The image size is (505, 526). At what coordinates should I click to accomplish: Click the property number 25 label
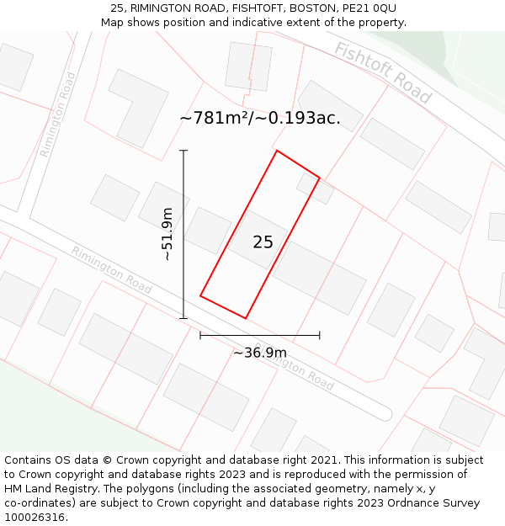click(x=263, y=242)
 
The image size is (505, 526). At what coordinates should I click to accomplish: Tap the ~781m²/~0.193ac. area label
click(x=260, y=119)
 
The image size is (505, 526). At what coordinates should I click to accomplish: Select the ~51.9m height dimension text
click(x=167, y=234)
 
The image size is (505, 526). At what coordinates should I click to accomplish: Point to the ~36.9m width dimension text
click(x=259, y=353)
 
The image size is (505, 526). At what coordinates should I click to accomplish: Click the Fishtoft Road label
click(x=383, y=72)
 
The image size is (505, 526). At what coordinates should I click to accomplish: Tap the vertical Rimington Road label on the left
click(x=57, y=114)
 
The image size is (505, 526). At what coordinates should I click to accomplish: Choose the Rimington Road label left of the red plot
click(x=111, y=270)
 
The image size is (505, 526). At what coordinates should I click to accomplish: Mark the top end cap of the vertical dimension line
click(x=183, y=151)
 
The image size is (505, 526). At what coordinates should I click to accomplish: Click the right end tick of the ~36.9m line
click(x=320, y=336)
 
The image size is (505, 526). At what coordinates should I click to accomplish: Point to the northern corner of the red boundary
click(x=277, y=151)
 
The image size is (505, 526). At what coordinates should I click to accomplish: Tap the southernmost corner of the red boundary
click(x=245, y=317)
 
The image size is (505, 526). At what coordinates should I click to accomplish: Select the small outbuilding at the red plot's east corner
click(x=314, y=189)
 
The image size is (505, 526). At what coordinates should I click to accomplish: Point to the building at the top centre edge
click(x=248, y=66)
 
